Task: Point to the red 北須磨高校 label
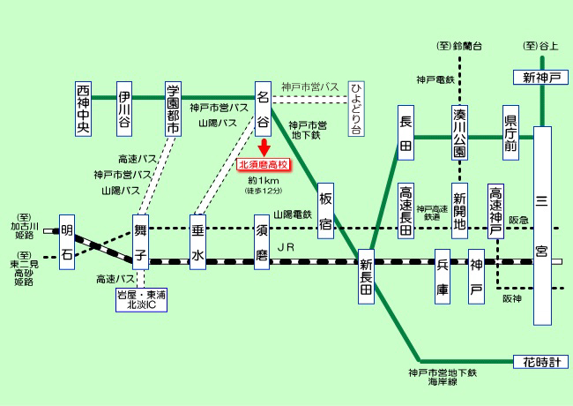(263, 164)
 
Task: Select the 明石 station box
(67, 241)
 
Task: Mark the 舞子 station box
(141, 241)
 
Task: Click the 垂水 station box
(197, 241)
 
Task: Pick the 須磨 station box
(262, 241)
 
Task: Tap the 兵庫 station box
(443, 276)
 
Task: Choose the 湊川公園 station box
(459, 133)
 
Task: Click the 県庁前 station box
(510, 133)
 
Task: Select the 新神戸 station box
(540, 78)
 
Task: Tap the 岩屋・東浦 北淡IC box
(141, 299)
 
